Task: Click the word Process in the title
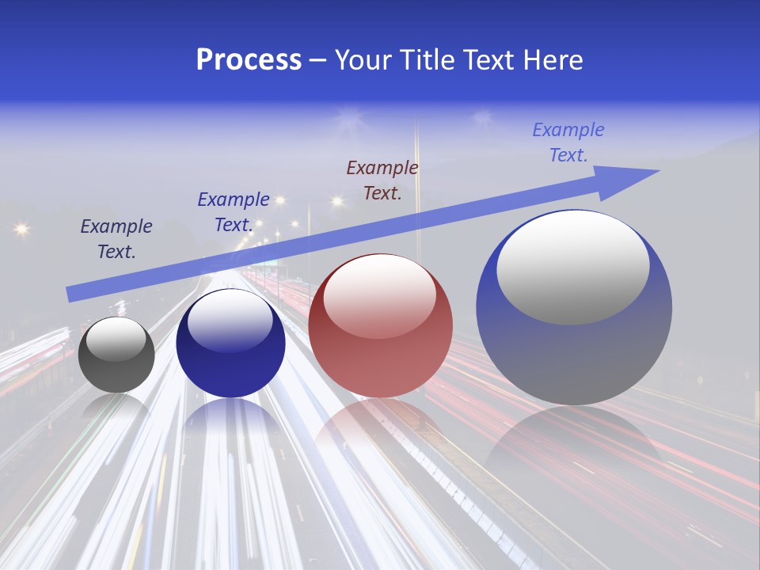(249, 60)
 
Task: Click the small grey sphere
(116, 355)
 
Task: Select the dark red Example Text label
(382, 180)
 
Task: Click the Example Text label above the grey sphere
(116, 238)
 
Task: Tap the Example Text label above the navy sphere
(234, 212)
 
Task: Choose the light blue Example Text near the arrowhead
(568, 142)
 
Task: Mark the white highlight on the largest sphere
(573, 268)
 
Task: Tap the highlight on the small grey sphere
(116, 339)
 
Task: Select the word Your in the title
(364, 60)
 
